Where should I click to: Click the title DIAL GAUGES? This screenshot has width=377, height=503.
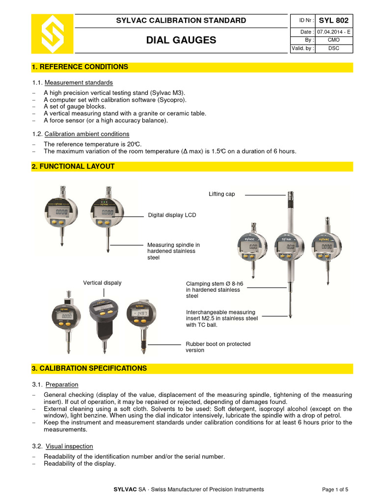point(181,40)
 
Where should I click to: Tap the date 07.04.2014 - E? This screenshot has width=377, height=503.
point(333,32)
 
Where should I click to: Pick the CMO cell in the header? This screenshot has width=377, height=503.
point(333,40)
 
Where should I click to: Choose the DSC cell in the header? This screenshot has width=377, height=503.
point(333,49)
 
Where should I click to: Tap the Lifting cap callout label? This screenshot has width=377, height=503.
point(222,194)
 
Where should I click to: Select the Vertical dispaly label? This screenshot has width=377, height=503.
point(102,283)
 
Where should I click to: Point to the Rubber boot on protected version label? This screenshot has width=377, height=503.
point(217,347)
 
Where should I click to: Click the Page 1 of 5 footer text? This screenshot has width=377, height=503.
point(338,489)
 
